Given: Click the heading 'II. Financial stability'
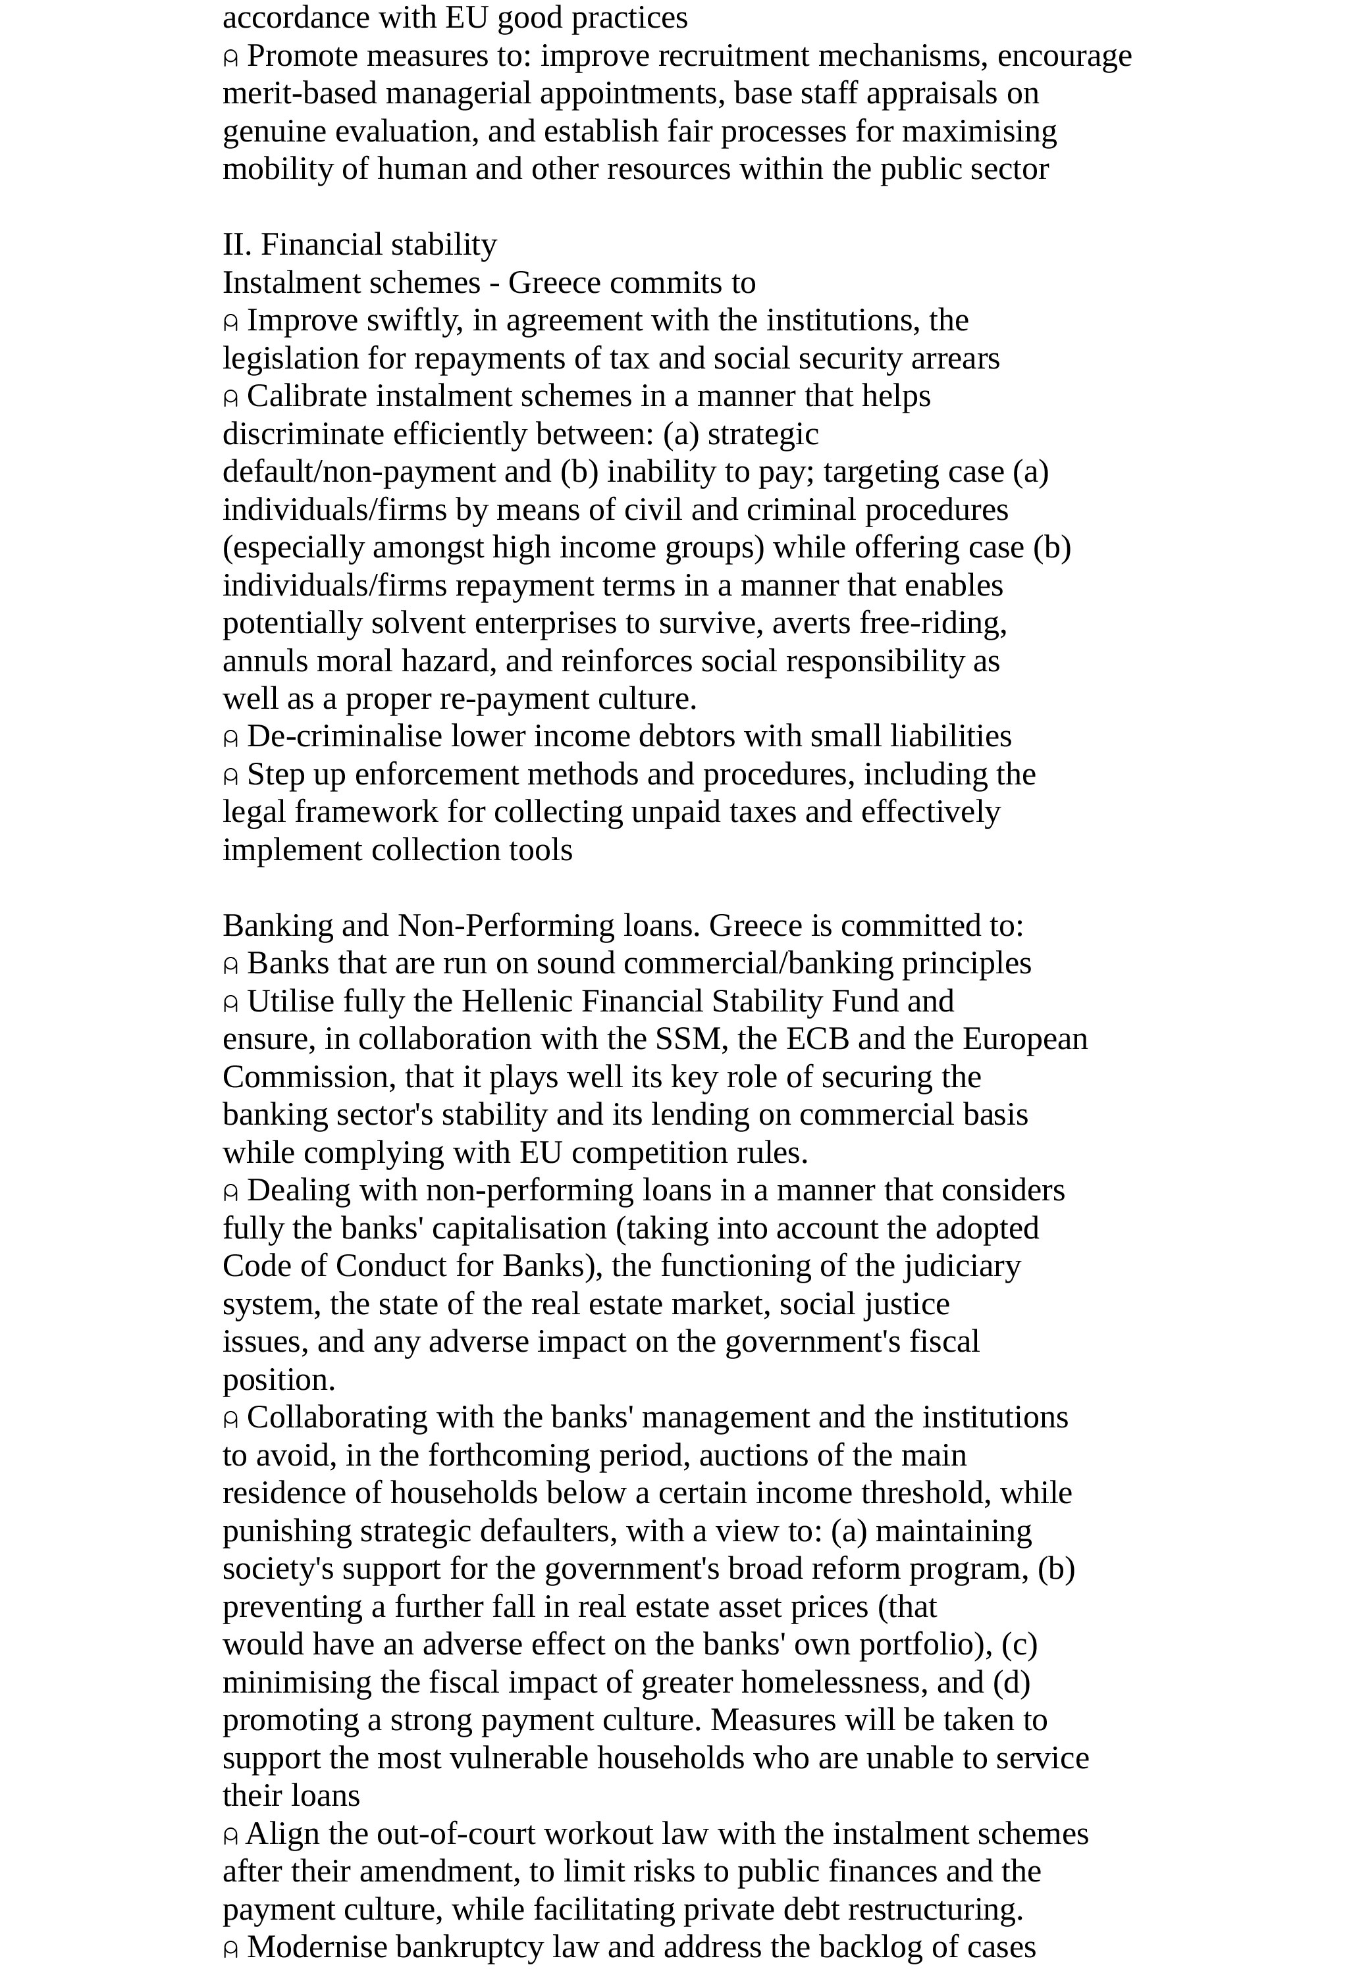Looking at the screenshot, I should coord(359,245).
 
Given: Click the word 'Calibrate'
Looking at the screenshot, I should coord(307,397).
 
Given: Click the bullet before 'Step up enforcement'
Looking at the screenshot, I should coord(230,776).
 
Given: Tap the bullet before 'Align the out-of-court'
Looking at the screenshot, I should coord(230,1836).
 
